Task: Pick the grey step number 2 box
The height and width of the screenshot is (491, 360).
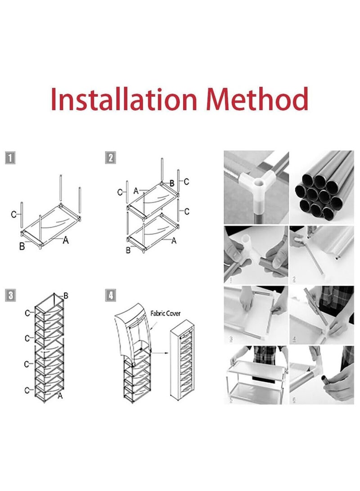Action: click(x=111, y=158)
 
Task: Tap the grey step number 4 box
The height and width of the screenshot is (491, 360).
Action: click(x=111, y=296)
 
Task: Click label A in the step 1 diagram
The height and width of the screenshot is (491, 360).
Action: click(x=66, y=240)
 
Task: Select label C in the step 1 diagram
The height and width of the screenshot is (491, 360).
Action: click(x=13, y=214)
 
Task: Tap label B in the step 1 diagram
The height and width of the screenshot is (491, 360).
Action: click(x=22, y=245)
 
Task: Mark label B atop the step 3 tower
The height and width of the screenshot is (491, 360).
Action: click(x=66, y=296)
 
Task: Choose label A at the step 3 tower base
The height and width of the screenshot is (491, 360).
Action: click(x=60, y=396)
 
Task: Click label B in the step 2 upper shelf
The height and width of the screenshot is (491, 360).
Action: click(x=171, y=183)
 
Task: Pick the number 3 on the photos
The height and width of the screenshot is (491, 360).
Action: click(x=231, y=339)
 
